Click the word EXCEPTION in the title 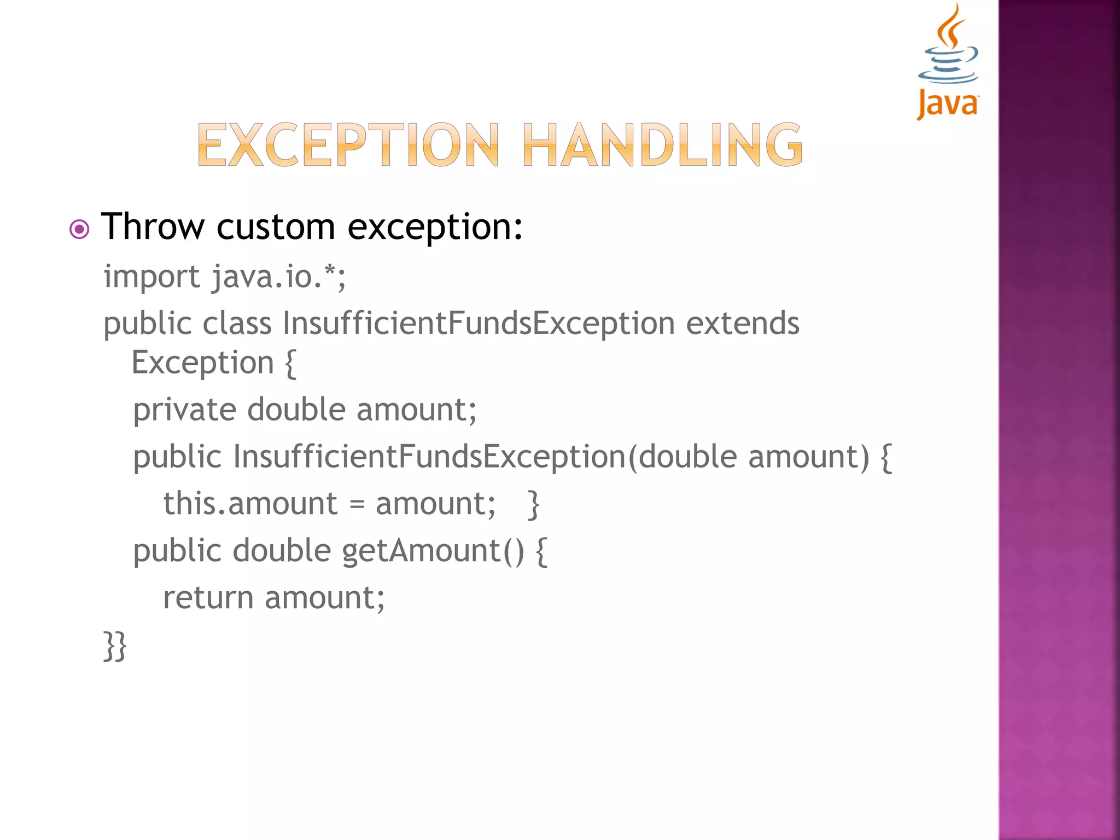click(348, 145)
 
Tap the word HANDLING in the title click(663, 145)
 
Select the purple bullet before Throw click(79, 229)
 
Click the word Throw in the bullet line click(153, 226)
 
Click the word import click(151, 277)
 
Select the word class click(237, 323)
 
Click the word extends click(742, 323)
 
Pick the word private click(184, 410)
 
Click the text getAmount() click(433, 551)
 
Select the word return click(208, 598)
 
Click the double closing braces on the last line click(115, 646)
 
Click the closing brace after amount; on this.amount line click(533, 504)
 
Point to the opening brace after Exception click(290, 364)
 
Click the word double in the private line click(296, 410)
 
